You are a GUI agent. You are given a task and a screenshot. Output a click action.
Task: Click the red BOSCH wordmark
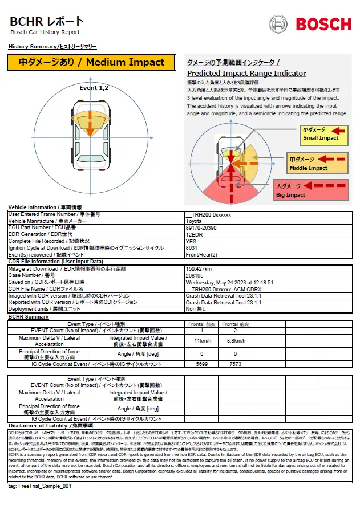tap(323, 24)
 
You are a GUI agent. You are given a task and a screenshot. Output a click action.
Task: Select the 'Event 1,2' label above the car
tap(94, 88)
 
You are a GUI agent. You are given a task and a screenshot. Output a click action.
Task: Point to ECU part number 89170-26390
tap(201, 227)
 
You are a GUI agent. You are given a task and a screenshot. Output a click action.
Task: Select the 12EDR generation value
tap(194, 234)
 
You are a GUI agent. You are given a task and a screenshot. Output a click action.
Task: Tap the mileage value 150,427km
tap(199, 268)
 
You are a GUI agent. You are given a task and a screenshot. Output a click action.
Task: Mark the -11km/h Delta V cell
tap(201, 340)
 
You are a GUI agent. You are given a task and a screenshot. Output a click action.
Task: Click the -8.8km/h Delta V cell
tap(235, 340)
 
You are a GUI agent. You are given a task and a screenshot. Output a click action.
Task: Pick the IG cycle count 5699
tap(201, 364)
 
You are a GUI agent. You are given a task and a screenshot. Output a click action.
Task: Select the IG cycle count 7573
tap(235, 364)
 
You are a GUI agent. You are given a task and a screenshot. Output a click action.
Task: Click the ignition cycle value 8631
tap(192, 248)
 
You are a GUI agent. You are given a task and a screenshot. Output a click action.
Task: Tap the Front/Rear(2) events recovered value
tap(200, 255)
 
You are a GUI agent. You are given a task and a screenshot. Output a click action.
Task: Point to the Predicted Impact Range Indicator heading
tap(246, 74)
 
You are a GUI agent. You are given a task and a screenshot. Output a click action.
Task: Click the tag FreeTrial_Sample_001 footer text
tap(40, 486)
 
